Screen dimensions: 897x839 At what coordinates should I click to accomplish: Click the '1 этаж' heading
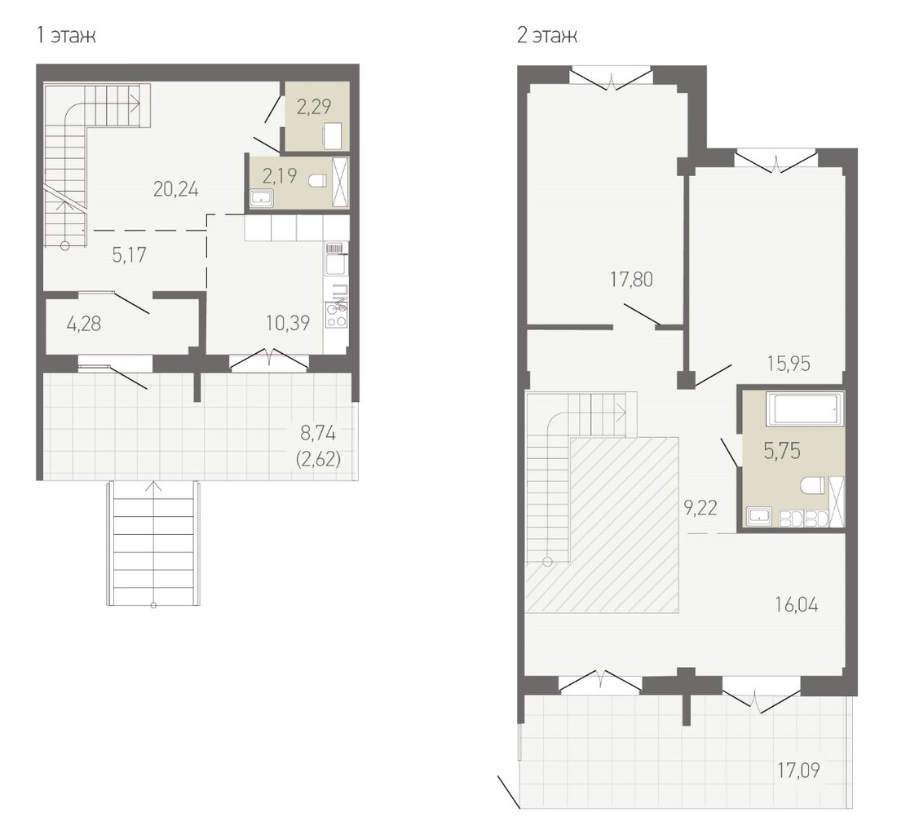66,35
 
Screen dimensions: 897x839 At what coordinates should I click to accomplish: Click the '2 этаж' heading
546,35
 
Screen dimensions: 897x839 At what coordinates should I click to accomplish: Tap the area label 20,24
175,188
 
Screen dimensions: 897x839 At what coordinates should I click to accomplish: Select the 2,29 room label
314,106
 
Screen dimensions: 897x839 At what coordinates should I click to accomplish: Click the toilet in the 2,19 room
316,181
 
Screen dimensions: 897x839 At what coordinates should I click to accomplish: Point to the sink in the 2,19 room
262,199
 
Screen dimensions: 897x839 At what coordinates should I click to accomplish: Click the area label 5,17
130,255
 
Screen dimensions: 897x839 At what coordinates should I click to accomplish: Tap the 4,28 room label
83,325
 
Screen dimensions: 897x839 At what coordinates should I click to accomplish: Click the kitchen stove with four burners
336,315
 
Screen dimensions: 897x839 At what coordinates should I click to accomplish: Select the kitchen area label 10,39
288,323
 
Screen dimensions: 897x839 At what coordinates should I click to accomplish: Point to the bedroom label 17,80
631,280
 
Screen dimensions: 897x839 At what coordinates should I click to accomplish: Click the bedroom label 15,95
789,364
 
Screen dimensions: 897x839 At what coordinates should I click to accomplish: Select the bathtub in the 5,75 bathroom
804,409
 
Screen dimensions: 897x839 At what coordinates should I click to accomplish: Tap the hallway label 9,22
700,507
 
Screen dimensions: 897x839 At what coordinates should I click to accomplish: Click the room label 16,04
797,604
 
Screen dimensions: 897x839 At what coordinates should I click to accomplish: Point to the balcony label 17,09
798,771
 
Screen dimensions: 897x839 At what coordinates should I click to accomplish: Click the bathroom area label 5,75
782,451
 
